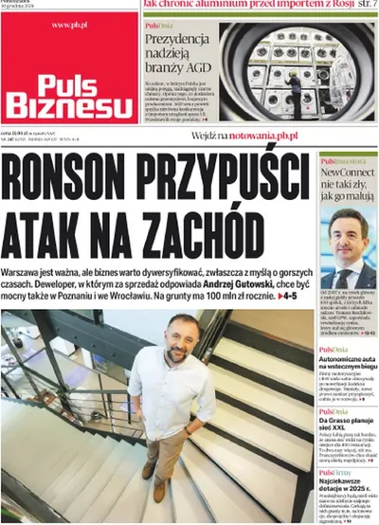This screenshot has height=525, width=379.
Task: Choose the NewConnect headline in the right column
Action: [348, 186]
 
